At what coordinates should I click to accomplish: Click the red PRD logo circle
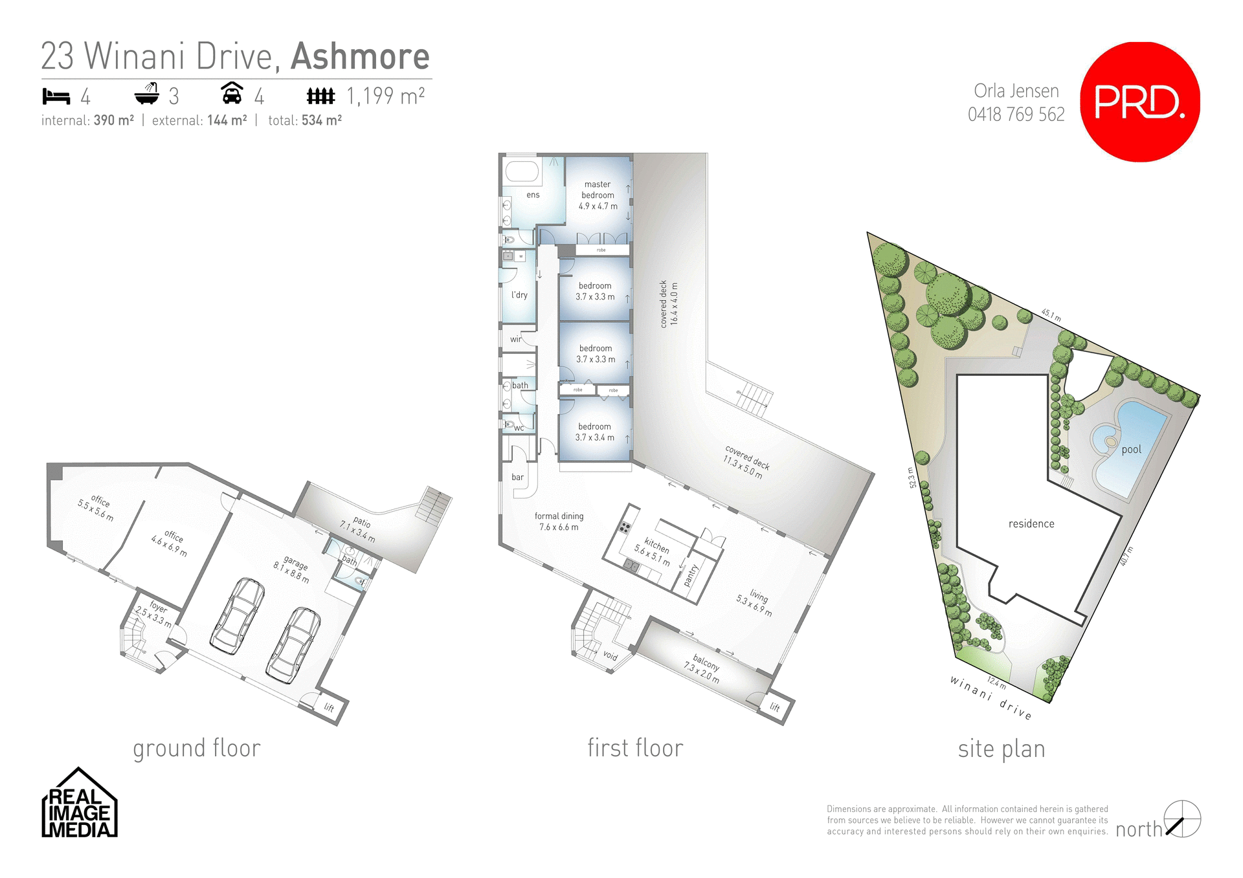click(1139, 102)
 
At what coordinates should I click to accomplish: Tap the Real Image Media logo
click(79, 804)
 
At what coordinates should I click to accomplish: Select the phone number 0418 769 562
click(1016, 115)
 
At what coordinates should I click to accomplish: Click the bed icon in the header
click(56, 96)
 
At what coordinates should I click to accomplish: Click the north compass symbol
click(1182, 819)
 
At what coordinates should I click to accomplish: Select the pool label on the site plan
click(1131, 450)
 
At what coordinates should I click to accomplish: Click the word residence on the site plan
click(1031, 523)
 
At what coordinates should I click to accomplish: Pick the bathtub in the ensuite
click(522, 171)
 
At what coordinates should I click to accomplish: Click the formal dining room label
click(559, 521)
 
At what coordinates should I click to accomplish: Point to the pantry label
click(691, 575)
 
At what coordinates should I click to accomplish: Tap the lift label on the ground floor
click(329, 707)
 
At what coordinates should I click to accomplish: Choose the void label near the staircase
click(610, 655)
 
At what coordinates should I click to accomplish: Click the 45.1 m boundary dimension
click(1051, 315)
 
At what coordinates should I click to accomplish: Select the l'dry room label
click(519, 295)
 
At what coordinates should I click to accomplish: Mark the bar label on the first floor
click(517, 477)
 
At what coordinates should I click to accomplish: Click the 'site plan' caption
click(1001, 749)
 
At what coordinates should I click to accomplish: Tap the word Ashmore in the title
click(360, 56)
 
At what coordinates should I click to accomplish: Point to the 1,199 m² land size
click(386, 96)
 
